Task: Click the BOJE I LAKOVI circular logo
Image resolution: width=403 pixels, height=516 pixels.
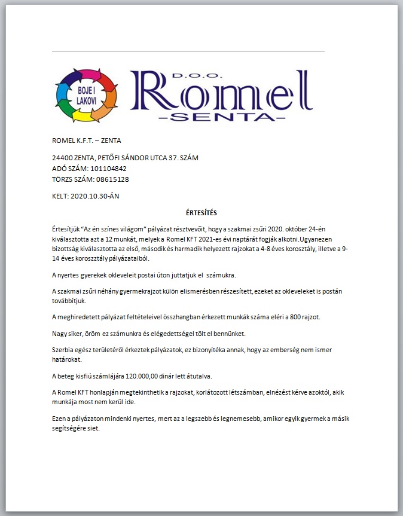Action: pyautogui.click(x=86, y=95)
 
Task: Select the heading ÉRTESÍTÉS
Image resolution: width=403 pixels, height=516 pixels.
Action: pyautogui.click(x=202, y=212)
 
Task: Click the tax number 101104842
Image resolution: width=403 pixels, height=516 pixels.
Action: pyautogui.click(x=108, y=169)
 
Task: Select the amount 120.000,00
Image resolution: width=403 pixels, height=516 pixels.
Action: pyautogui.click(x=143, y=376)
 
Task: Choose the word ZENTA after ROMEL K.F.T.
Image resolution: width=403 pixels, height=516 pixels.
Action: pyautogui.click(x=111, y=141)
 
